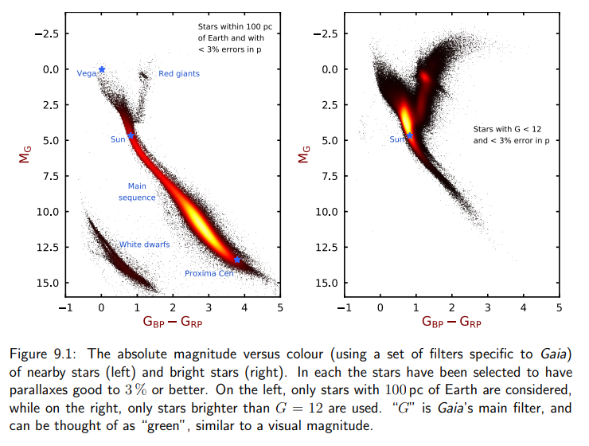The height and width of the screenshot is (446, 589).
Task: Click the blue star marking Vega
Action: pos(102,69)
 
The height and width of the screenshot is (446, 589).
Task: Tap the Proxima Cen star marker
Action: pos(237,260)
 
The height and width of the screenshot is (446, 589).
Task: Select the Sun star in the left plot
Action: pos(131,136)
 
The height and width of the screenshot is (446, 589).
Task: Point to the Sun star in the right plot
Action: pos(410,136)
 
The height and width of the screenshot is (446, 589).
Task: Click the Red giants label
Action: pos(179,74)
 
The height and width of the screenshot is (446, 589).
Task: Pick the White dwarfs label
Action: pos(144,245)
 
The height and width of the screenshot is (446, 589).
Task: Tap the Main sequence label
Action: pos(137,192)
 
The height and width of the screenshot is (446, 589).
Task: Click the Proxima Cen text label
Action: pos(209,273)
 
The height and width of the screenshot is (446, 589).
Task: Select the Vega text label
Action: pos(86,73)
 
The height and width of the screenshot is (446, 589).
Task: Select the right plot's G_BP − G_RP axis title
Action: pos(452,323)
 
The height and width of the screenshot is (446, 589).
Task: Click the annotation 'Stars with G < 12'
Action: pos(507,128)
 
